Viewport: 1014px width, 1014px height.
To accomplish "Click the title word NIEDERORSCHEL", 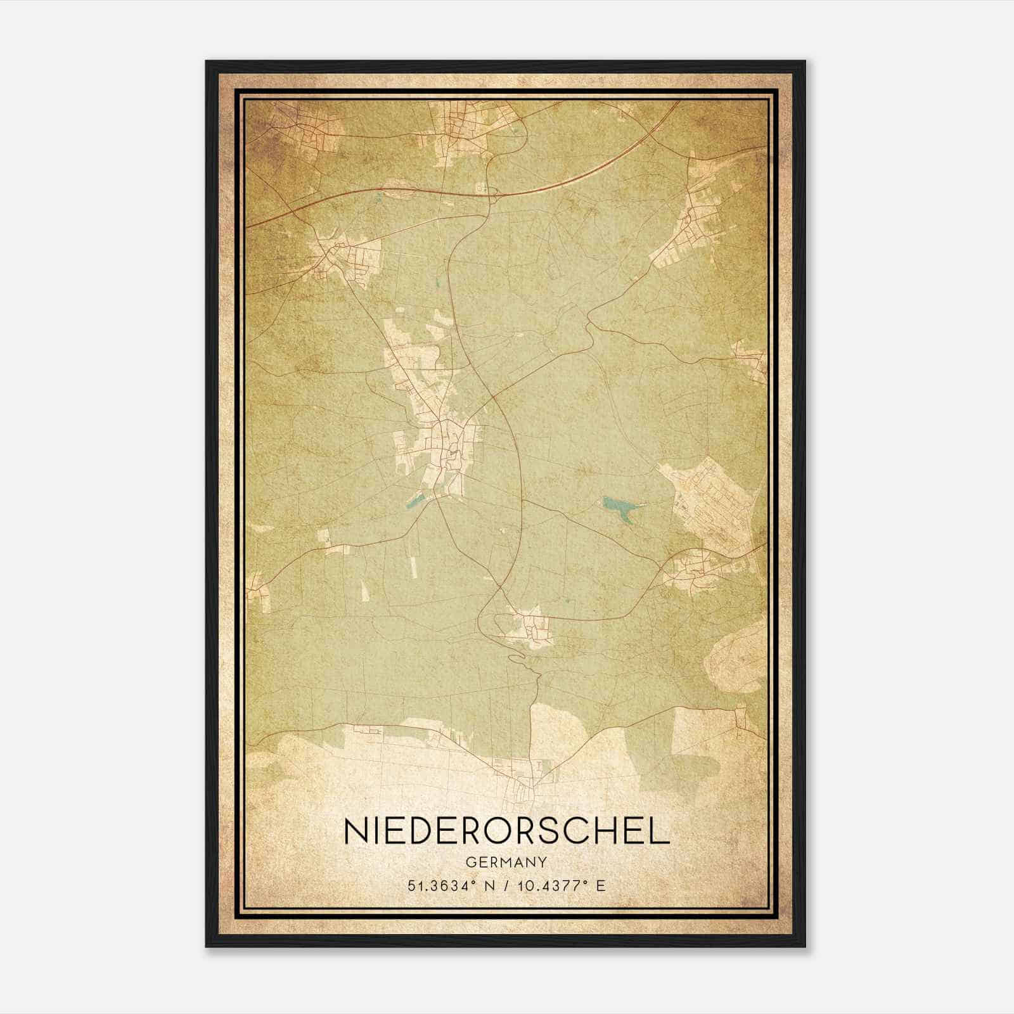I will (x=506, y=831).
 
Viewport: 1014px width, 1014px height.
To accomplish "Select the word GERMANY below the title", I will (x=506, y=863).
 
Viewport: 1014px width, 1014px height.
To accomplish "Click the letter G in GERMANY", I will (x=470, y=863).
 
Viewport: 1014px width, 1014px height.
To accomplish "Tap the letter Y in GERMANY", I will (x=542, y=863).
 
